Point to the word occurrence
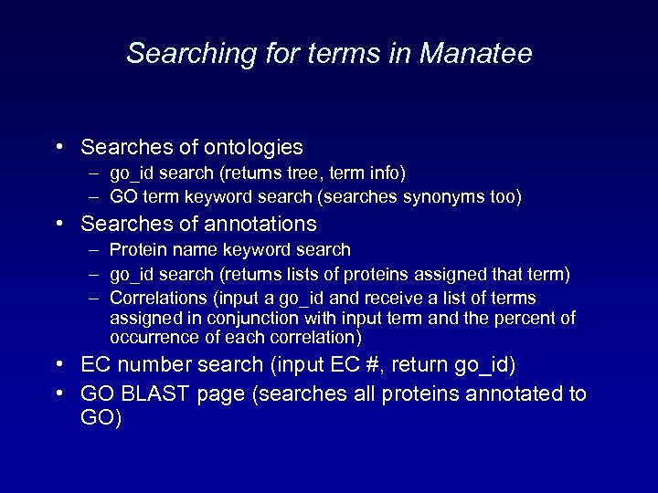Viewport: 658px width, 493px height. pyautogui.click(x=149, y=337)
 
